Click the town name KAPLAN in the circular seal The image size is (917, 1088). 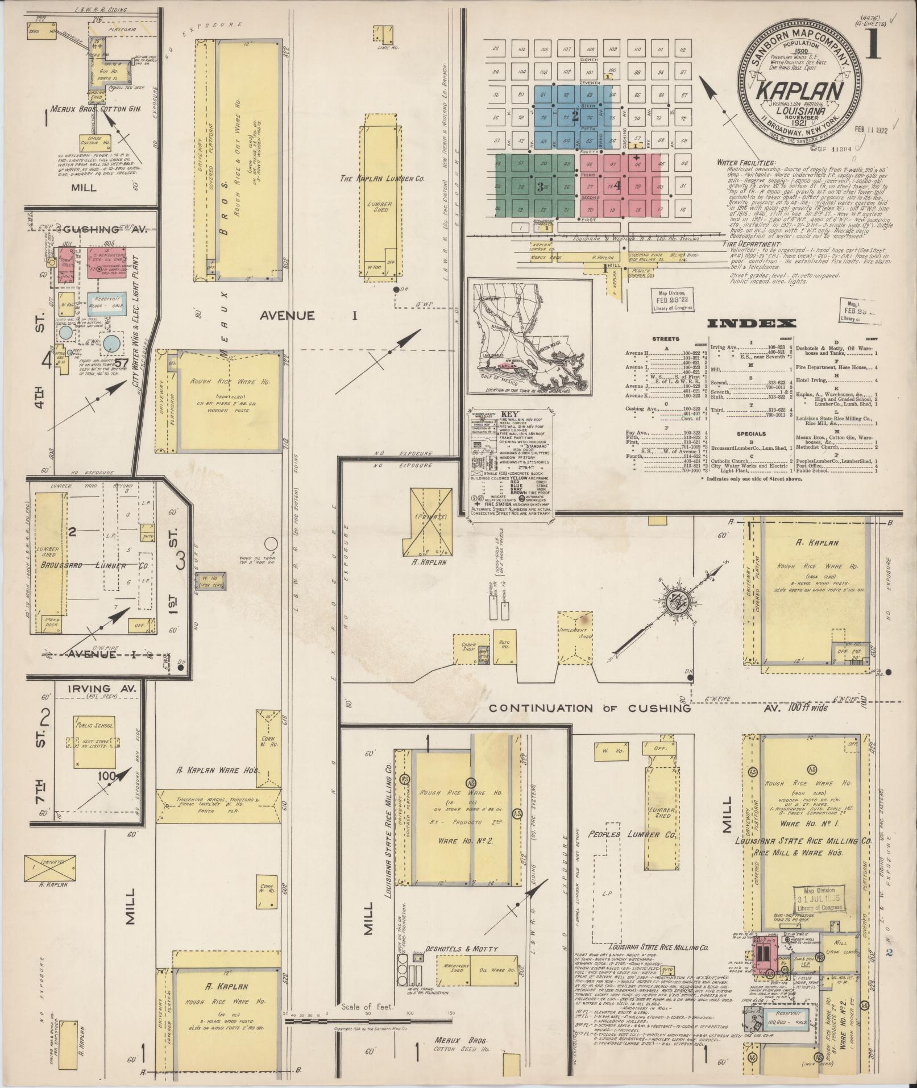coord(798,92)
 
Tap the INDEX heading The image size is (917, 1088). coord(751,324)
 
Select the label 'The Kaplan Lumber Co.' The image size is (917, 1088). coord(382,179)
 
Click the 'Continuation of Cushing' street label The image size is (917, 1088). coord(589,708)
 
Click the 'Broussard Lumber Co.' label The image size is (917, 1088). coord(94,566)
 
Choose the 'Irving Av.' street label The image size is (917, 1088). coord(102,688)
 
